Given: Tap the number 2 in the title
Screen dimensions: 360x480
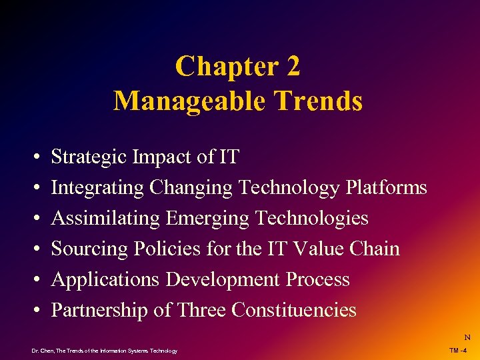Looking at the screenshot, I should coord(291,67).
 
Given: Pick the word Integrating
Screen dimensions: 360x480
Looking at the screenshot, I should coord(97,188).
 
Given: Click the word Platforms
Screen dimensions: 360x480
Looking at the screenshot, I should coord(386,188).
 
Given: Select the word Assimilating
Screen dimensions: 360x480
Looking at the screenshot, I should coord(106,219).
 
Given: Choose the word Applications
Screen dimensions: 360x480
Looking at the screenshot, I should coord(105,279).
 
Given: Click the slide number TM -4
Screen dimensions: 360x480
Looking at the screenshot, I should coord(458,351).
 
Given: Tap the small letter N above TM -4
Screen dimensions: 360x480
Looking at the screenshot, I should coord(467,338).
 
